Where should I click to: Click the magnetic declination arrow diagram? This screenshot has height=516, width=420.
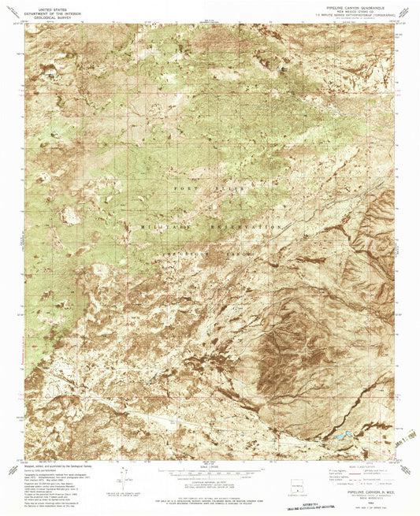coord(125,476)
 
